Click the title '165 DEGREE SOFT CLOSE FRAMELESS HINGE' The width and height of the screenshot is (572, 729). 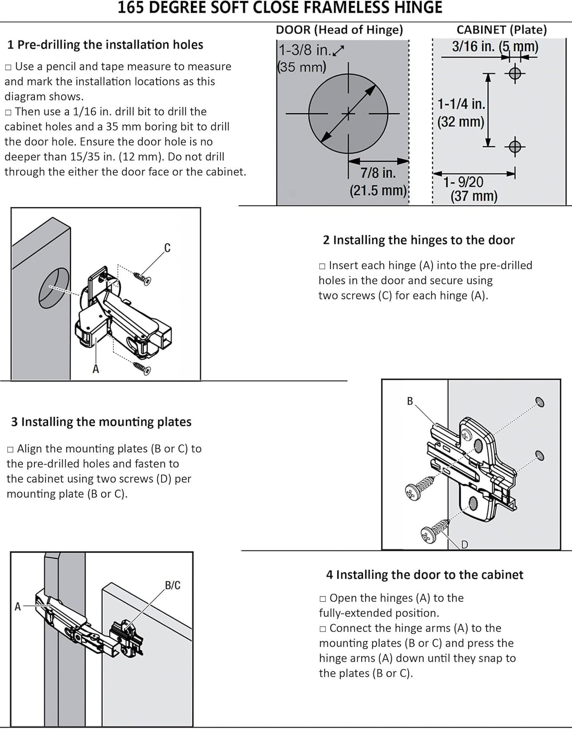pyautogui.click(x=280, y=8)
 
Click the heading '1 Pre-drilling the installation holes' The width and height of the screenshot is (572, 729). pyautogui.click(x=105, y=45)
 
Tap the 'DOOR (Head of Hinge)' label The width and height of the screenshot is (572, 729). pyautogui.click(x=339, y=30)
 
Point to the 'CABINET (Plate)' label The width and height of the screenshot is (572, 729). pyautogui.click(x=502, y=30)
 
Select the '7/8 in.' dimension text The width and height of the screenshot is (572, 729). pyautogui.click(x=378, y=173)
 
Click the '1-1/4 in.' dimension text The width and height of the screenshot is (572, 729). pyautogui.click(x=461, y=104)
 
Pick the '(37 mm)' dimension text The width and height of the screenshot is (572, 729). pyautogui.click(x=474, y=196)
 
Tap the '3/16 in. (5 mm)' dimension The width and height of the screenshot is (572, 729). pyautogui.click(x=495, y=46)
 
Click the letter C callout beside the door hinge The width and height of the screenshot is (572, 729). pyautogui.click(x=167, y=248)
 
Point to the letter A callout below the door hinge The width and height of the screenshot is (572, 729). pyautogui.click(x=96, y=369)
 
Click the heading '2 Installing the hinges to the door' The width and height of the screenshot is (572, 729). pyautogui.click(x=419, y=240)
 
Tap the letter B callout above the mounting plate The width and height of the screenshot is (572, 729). pyautogui.click(x=410, y=401)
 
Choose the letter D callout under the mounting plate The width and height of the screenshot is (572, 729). pyautogui.click(x=464, y=545)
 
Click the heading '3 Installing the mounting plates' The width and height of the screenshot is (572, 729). pyautogui.click(x=101, y=422)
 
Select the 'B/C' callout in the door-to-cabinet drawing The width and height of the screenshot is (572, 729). pyautogui.click(x=173, y=585)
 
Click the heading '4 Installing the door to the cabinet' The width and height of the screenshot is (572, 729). pyautogui.click(x=424, y=575)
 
